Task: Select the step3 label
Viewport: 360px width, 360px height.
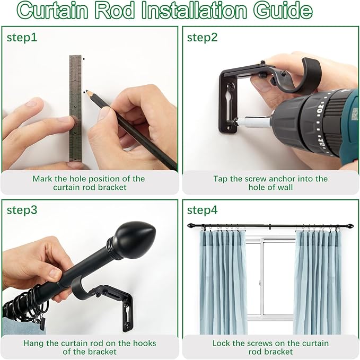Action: [22, 209]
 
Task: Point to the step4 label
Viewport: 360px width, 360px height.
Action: [202, 209]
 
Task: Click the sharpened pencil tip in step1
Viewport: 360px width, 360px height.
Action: [86, 92]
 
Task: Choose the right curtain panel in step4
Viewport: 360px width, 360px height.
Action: [317, 281]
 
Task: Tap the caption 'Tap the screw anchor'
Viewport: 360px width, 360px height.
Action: [270, 183]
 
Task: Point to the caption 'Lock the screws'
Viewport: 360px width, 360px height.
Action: [270, 347]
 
